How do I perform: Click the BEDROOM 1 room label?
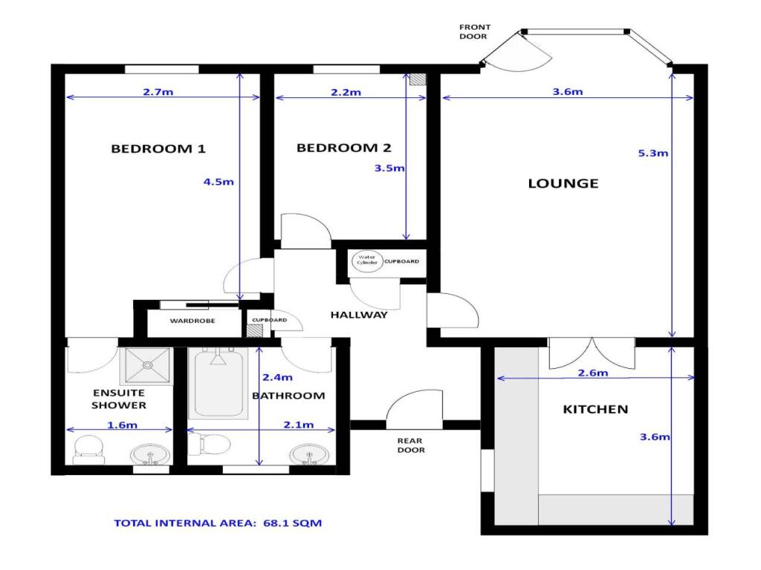point(158,148)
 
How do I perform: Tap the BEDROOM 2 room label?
point(343,148)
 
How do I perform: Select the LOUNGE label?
point(563,183)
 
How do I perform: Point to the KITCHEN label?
point(595,409)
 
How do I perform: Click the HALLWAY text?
point(359,315)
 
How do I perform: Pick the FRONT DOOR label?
point(475,31)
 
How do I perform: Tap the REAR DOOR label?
point(410,445)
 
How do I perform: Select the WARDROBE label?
point(192,321)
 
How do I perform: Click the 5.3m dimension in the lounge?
point(652,154)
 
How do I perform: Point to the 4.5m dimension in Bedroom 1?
point(218,183)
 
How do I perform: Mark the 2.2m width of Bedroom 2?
point(346,92)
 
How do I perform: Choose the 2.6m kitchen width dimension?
point(592,373)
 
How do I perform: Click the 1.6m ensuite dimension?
point(123,425)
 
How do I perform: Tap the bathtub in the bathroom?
point(218,383)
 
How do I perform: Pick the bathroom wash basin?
point(309,455)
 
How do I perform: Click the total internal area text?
point(218,523)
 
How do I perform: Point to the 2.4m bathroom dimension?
point(278,377)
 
